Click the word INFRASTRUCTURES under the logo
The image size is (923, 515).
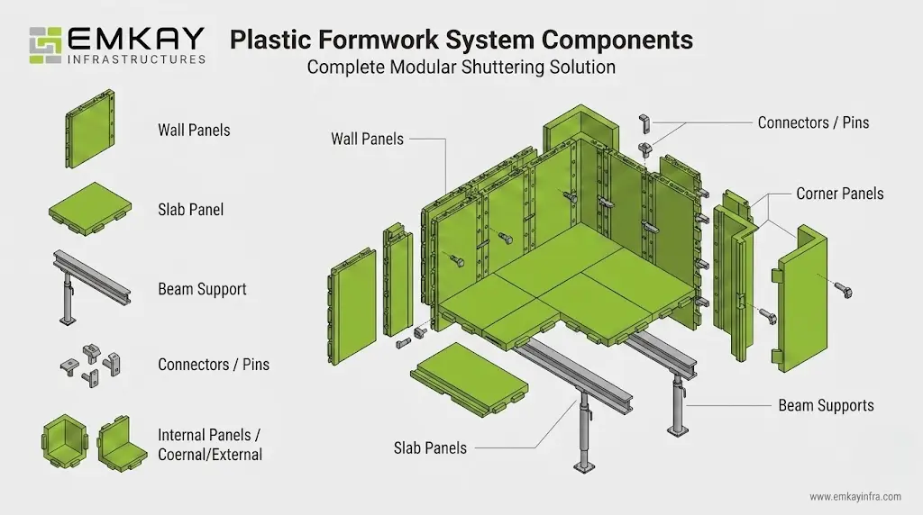pyautogui.click(x=137, y=59)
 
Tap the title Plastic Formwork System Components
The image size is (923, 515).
pyautogui.click(x=461, y=40)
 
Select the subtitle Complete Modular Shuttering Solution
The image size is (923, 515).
pyautogui.click(x=461, y=68)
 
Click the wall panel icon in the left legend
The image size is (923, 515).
pyautogui.click(x=90, y=129)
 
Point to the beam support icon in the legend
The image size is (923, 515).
pyautogui.click(x=89, y=288)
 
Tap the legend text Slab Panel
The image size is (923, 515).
pyautogui.click(x=190, y=210)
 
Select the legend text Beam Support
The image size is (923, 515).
pyautogui.click(x=202, y=289)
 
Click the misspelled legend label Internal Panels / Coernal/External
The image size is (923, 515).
pyautogui.click(x=210, y=445)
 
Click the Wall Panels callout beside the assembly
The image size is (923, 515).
pyautogui.click(x=367, y=139)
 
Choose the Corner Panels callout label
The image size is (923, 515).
pyautogui.click(x=839, y=194)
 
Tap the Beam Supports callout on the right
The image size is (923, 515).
pyautogui.click(x=826, y=405)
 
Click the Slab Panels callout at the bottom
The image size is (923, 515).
pyautogui.click(x=430, y=447)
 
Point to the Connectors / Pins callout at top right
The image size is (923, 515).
pyautogui.click(x=813, y=122)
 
